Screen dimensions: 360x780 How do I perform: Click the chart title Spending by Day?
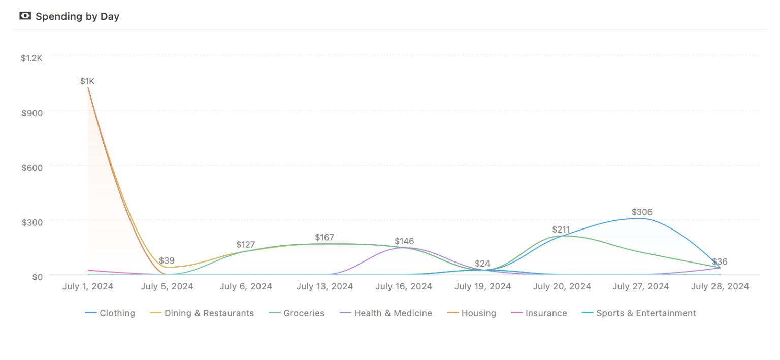click(x=77, y=16)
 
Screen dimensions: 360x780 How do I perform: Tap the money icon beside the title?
click(x=25, y=16)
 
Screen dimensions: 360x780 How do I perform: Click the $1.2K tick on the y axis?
click(x=31, y=58)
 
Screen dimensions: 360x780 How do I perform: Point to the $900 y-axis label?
click(x=32, y=113)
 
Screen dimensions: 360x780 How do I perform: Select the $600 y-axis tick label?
click(x=32, y=168)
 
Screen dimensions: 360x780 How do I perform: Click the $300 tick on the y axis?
click(x=32, y=222)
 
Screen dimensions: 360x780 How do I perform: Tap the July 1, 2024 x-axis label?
click(x=88, y=286)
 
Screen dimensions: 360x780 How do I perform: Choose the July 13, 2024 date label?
click(x=324, y=286)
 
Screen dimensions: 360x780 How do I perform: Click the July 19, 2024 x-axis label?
click(x=482, y=286)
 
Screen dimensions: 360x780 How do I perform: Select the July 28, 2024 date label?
click(x=720, y=286)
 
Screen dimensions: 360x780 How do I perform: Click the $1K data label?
click(x=87, y=81)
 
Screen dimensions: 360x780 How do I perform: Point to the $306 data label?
click(x=642, y=212)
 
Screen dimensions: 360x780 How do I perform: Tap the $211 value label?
click(x=561, y=230)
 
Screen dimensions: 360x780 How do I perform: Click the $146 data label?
click(x=404, y=241)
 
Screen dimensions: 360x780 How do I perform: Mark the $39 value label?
click(x=167, y=261)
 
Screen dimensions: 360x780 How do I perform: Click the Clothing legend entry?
click(x=117, y=313)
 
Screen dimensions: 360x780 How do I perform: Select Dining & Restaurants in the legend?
click(x=209, y=313)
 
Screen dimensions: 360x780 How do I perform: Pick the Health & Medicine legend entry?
click(x=393, y=313)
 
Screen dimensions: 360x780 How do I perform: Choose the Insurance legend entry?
click(x=546, y=313)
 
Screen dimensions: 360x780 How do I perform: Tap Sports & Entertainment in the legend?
click(x=645, y=313)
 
